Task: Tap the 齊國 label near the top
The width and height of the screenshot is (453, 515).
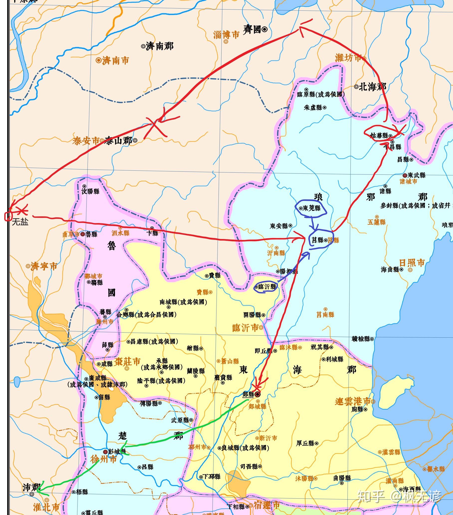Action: click(x=252, y=30)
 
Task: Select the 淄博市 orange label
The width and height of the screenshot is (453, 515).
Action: click(x=226, y=35)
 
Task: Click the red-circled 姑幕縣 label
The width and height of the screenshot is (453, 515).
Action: click(x=379, y=135)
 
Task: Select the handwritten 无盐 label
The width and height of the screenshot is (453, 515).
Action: click(x=20, y=222)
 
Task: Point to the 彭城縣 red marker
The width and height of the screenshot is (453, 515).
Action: click(x=106, y=452)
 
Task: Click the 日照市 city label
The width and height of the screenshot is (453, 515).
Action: click(x=412, y=263)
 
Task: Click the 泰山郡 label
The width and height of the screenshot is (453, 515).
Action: click(x=118, y=140)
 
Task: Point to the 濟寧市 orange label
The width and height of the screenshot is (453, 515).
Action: click(x=44, y=266)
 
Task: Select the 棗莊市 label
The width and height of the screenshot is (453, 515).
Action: click(x=127, y=362)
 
